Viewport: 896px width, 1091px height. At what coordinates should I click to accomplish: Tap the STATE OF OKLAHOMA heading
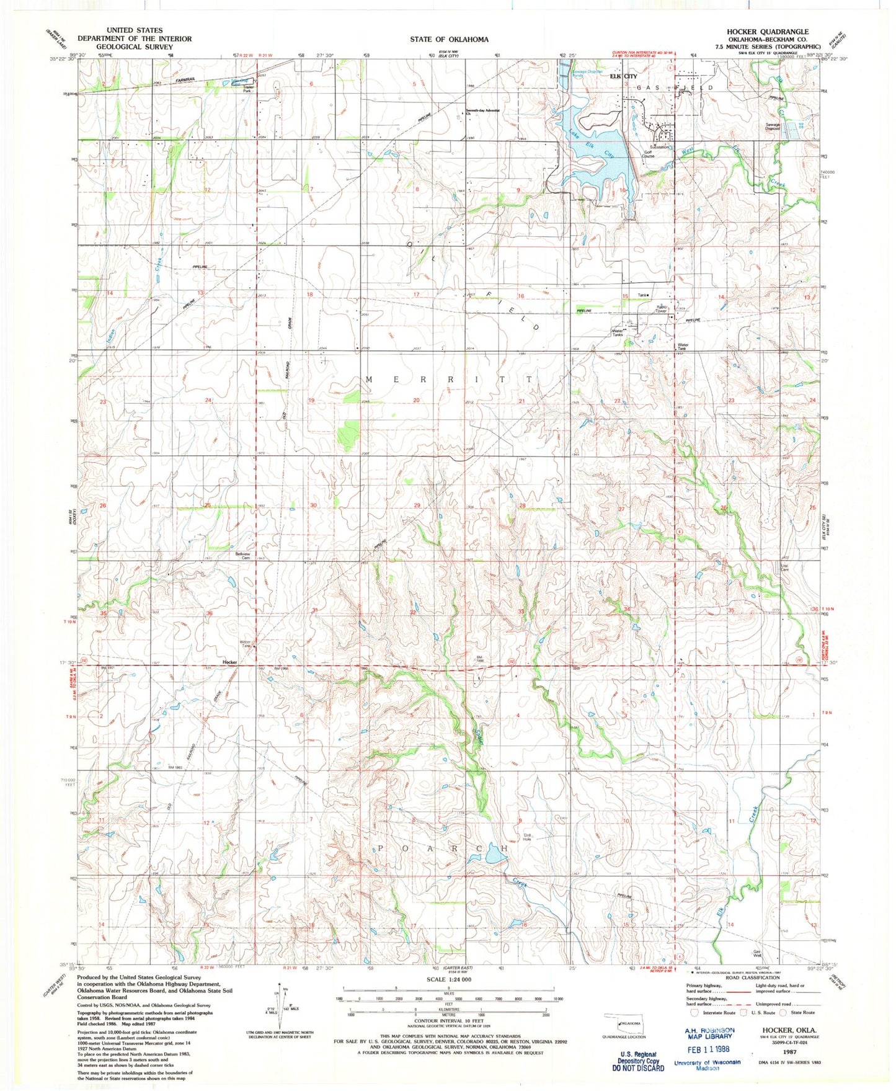tap(448, 39)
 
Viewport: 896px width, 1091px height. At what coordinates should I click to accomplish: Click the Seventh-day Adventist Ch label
tap(482, 112)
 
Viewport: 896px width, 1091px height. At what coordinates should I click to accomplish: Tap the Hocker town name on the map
tap(230, 662)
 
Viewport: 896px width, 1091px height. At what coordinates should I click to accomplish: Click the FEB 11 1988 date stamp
tap(707, 1049)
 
